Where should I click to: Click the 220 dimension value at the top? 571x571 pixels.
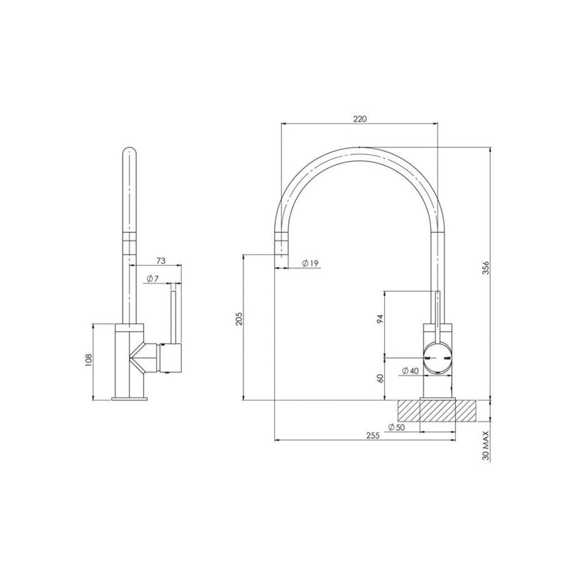pyautogui.click(x=360, y=118)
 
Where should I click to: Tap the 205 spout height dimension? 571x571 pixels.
pyautogui.click(x=239, y=318)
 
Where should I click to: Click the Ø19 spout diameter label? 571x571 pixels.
pyautogui.click(x=310, y=263)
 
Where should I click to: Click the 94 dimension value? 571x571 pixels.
pyautogui.click(x=380, y=319)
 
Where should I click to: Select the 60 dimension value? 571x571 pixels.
pyautogui.click(x=380, y=378)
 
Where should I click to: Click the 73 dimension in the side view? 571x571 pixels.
pyautogui.click(x=161, y=260)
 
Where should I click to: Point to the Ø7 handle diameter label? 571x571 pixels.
pyautogui.click(x=153, y=278)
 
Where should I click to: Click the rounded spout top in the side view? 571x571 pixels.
pyautogui.click(x=129, y=153)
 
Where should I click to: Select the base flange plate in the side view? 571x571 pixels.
pyautogui.click(x=129, y=398)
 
